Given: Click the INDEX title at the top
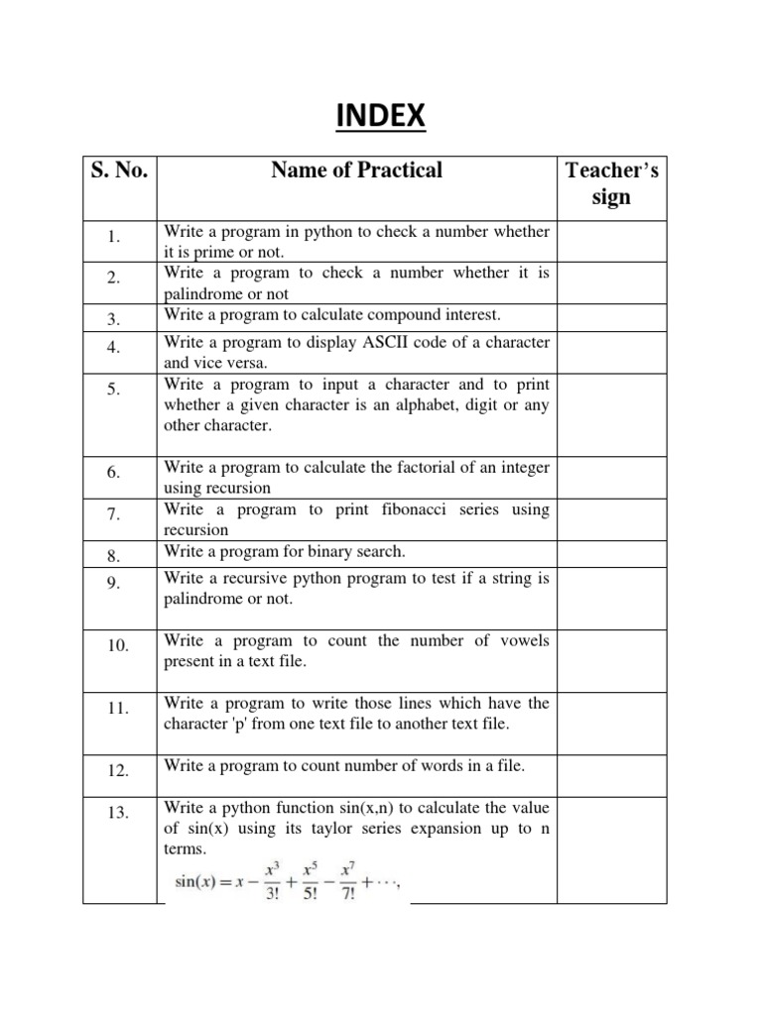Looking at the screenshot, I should click(380, 117).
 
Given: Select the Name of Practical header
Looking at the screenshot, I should click(356, 170).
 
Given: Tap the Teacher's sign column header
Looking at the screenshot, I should click(611, 183).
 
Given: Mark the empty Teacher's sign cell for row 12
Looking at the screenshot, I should click(611, 767).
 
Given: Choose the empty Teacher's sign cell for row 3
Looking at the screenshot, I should click(611, 317).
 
